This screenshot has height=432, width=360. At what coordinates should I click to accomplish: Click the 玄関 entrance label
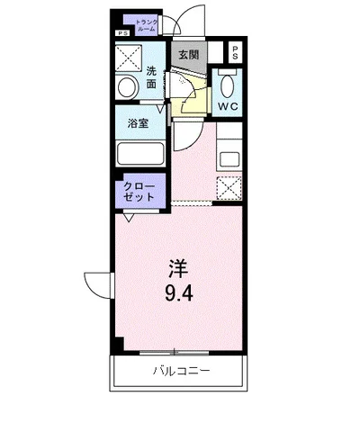188,54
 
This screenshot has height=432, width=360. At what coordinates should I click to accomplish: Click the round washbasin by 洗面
125,87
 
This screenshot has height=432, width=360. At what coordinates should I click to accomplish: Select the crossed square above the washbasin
127,55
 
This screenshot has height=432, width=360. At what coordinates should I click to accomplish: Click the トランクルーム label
147,24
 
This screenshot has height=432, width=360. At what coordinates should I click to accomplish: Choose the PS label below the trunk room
121,34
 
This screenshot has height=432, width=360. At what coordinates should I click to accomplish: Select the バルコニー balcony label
180,371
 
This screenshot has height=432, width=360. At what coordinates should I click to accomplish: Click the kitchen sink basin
229,158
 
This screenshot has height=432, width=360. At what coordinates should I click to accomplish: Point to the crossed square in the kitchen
229,188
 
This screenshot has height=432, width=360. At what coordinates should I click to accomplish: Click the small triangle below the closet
130,217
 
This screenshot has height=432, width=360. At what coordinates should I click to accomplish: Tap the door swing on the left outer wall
97,283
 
